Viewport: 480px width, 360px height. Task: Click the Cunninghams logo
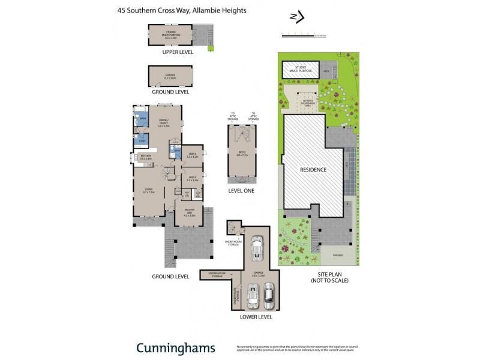coord(175,348)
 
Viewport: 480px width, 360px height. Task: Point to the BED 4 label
coord(192,155)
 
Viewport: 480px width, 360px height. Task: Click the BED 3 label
coord(192,179)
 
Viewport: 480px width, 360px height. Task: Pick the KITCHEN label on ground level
coord(146,157)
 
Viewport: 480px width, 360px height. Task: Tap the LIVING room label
coord(148,190)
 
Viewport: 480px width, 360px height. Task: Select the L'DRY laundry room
coord(142,140)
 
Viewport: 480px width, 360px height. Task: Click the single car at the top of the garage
coord(257,247)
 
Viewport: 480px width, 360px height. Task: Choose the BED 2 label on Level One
coord(242,155)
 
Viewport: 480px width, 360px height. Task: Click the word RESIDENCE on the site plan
coord(313,170)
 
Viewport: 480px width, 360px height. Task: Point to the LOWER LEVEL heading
coord(256,317)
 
